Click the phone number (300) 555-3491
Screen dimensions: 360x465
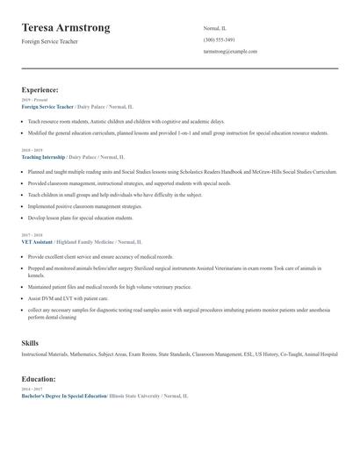tap(219, 39)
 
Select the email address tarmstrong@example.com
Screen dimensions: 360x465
tap(230, 52)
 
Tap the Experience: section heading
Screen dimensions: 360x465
tap(40, 89)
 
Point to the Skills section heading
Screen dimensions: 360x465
tap(30, 342)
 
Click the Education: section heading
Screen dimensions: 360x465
tap(39, 379)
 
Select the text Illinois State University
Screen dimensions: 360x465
tap(134, 397)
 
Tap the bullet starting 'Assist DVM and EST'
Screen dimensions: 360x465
tap(67, 298)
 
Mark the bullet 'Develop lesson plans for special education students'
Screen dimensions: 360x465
tap(80, 217)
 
